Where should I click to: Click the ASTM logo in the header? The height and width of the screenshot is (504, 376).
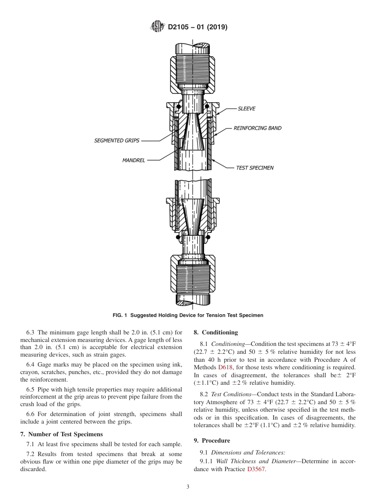pos(157,27)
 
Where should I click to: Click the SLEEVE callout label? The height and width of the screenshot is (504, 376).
pos(246,109)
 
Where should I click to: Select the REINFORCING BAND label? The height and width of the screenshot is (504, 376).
pos(257,128)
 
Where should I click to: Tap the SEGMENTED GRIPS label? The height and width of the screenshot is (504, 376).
pos(117,141)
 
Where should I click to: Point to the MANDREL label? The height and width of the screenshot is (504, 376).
pos(133,160)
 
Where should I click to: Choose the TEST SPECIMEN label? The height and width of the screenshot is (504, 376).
pos(254,168)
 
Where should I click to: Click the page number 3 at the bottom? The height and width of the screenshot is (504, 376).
pos(188,487)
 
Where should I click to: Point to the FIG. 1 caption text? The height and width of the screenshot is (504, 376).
pos(188,315)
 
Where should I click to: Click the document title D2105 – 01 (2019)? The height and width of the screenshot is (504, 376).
pos(197,27)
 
